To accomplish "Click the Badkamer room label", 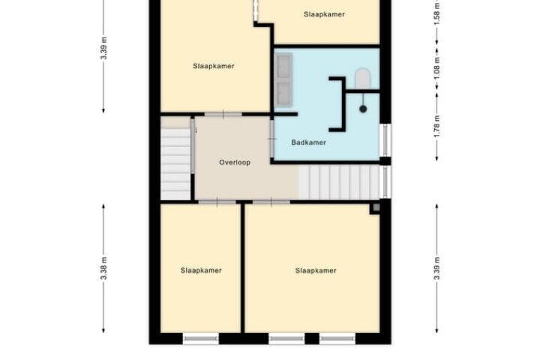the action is pos(308,142).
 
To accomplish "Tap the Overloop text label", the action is pos(235,162).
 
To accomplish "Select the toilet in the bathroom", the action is pos(362,79).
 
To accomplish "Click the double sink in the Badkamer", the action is pos(283,79).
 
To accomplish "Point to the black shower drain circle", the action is pos(363,109).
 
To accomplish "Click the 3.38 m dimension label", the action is pos(104,268).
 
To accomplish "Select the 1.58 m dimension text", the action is pos(437,13).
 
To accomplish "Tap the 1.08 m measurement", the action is pos(437,67).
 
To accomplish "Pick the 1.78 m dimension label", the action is pos(437,126).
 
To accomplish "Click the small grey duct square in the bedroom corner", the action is pos(376,208).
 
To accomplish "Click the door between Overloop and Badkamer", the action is pos(272,139).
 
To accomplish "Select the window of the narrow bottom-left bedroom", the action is pos(201,339).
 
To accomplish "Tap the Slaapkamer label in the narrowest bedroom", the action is pos(201,271).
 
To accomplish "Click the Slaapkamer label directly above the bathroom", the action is pos(324,14).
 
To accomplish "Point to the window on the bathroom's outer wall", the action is pos(385,140).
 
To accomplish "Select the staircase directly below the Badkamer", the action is pos(339,182).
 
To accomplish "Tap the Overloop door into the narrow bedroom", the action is pos(217,202).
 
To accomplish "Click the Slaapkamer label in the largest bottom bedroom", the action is pos(316,271).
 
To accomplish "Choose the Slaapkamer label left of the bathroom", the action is pos(214,66).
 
